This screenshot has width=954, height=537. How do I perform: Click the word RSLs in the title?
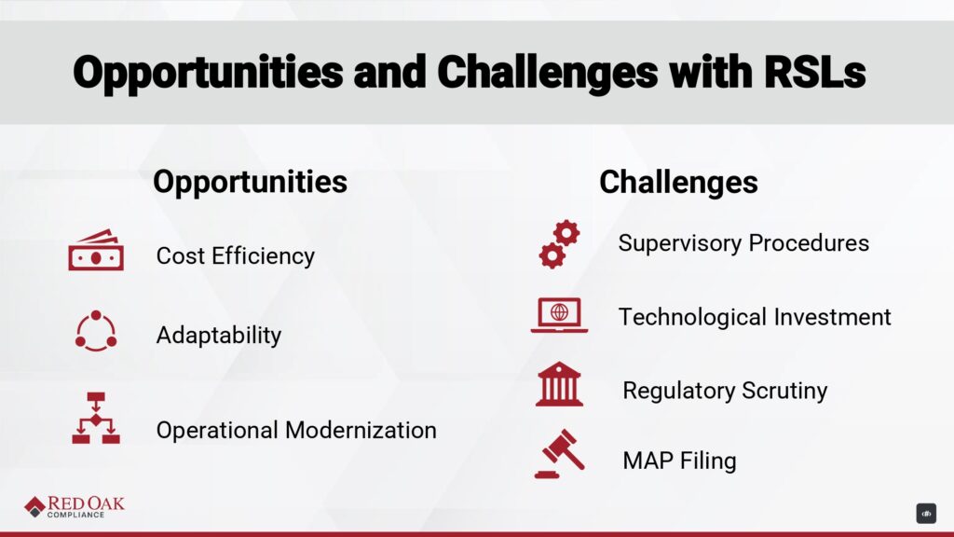(x=814, y=72)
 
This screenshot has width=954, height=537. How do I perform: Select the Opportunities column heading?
(x=250, y=182)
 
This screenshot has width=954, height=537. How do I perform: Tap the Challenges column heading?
(x=678, y=182)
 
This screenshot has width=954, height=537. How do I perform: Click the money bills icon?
(x=96, y=250)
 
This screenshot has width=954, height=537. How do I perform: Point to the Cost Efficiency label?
(x=236, y=255)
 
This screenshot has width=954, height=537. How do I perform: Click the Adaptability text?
(x=219, y=335)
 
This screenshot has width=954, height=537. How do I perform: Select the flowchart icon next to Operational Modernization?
(x=96, y=419)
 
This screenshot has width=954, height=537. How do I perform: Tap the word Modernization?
(x=361, y=430)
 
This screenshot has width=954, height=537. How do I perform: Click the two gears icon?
(x=559, y=244)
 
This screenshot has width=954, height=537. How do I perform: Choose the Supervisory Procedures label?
(x=743, y=243)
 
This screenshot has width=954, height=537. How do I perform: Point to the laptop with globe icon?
(x=559, y=315)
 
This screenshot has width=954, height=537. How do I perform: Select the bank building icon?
(x=559, y=383)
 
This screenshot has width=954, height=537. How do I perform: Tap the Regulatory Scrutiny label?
(x=725, y=391)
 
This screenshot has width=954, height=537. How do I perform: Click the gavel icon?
(x=560, y=454)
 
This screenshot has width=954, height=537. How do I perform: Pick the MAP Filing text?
(x=679, y=461)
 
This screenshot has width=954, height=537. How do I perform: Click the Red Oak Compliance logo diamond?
(x=34, y=506)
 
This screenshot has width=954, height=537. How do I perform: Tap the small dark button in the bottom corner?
(x=926, y=514)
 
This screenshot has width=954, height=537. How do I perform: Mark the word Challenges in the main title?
(x=548, y=72)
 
